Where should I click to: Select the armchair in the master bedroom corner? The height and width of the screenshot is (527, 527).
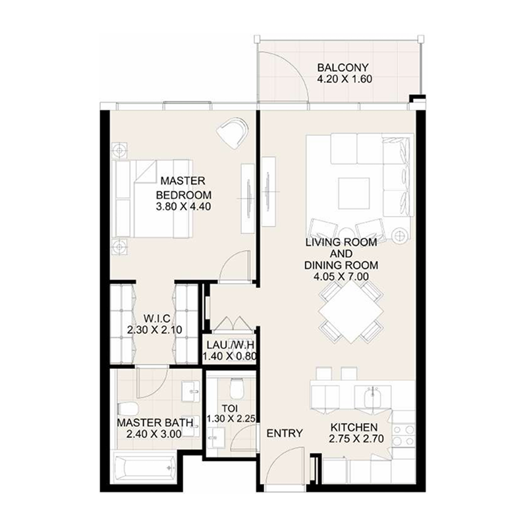point(232,133)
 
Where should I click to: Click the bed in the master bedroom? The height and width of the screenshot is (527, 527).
point(153,198)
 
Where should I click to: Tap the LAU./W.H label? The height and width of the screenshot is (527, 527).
point(230,345)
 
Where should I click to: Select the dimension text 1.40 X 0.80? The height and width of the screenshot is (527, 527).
point(230,357)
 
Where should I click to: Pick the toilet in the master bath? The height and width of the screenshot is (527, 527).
point(128,408)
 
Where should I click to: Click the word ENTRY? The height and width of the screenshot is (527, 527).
point(285,433)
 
